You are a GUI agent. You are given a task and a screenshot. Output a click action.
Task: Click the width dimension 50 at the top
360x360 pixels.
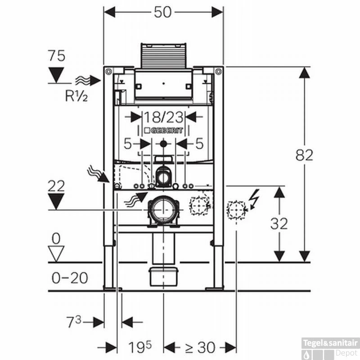pos(163,12)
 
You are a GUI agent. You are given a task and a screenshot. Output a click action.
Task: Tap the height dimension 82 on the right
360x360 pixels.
pos(304,155)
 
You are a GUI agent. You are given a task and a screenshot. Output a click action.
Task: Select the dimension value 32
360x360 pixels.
pos(279,224)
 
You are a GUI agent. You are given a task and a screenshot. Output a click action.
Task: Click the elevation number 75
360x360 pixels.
pos(56,56)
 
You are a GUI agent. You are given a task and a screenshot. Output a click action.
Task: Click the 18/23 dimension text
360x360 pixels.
pos(163,117)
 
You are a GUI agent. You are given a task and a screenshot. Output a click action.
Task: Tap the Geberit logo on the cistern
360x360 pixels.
pos(163,130)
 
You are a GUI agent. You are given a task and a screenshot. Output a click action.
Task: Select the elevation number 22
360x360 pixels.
pos(56,185)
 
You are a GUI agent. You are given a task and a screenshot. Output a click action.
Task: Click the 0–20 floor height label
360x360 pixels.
pos(70,278)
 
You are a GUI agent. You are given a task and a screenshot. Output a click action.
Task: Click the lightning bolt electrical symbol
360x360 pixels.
pos(254,199)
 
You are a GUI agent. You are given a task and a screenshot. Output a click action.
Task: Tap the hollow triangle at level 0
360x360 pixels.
pos(56,253)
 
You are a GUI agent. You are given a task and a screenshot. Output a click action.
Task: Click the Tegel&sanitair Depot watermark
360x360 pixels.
pos(331,347)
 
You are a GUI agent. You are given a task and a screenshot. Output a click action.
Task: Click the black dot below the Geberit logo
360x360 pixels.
pos(163,144)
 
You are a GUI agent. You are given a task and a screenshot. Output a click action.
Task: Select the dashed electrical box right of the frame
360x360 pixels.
pos(236,209)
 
